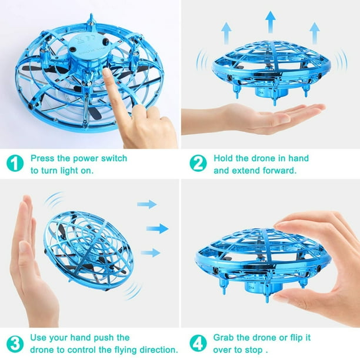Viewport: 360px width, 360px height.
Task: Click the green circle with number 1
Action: (15, 164)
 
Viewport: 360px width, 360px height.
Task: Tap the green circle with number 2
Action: (198, 164)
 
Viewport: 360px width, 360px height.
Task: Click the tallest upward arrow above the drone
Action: (271, 22)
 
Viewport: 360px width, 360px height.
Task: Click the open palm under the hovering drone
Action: (259, 118)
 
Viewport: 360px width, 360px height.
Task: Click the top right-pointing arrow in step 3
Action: (147, 204)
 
